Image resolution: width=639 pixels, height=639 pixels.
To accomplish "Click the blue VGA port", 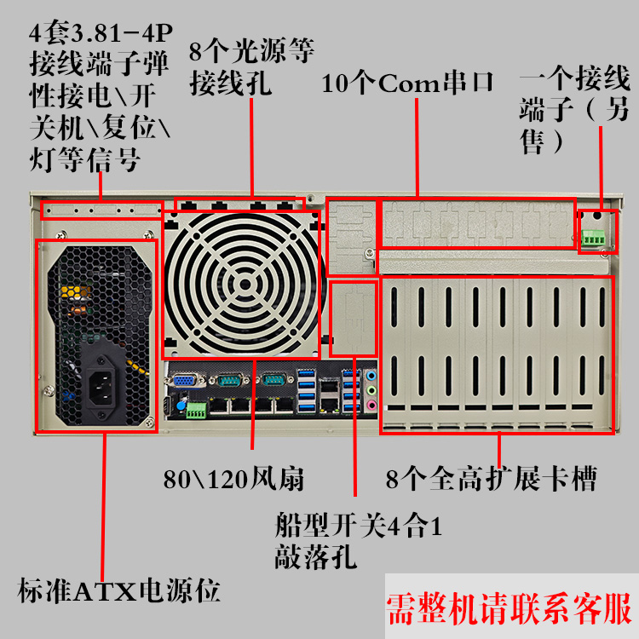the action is point(184,381).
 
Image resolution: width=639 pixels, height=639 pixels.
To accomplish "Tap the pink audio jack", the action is point(371,405).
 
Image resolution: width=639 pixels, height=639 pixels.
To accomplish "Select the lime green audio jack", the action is point(371,390).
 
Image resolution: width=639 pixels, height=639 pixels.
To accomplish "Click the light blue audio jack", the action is point(371,376).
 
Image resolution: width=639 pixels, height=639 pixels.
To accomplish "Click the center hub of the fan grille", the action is point(245,285).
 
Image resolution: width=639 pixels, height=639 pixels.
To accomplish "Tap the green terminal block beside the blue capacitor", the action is point(197,411).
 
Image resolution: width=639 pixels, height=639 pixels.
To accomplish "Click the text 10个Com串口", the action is point(407,83).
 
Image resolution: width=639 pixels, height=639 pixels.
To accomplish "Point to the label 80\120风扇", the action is point(233,479).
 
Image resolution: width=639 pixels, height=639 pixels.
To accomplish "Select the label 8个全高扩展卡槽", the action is point(491,478).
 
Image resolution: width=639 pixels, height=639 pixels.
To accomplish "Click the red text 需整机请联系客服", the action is point(509,608).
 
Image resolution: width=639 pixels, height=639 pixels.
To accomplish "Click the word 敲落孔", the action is point(315,557).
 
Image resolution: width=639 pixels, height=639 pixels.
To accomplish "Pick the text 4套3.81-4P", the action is point(101,32).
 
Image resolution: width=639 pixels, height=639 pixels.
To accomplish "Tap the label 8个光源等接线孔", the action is point(251,66).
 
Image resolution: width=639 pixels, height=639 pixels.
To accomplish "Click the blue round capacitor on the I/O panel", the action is point(181,406).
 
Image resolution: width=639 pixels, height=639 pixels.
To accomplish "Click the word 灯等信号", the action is point(84,159).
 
